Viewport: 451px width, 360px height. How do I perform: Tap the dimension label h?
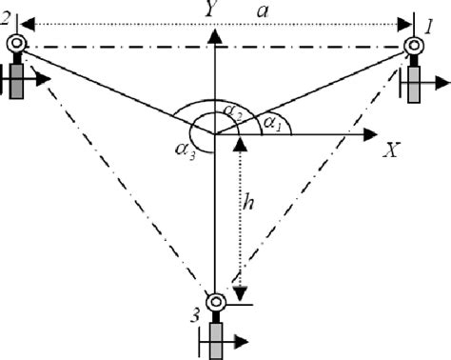pos(248,202)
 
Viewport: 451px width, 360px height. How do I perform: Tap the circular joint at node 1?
pos(416,46)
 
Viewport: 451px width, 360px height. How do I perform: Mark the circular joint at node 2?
pos(16,44)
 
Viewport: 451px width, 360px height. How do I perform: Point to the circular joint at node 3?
pos(217,302)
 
